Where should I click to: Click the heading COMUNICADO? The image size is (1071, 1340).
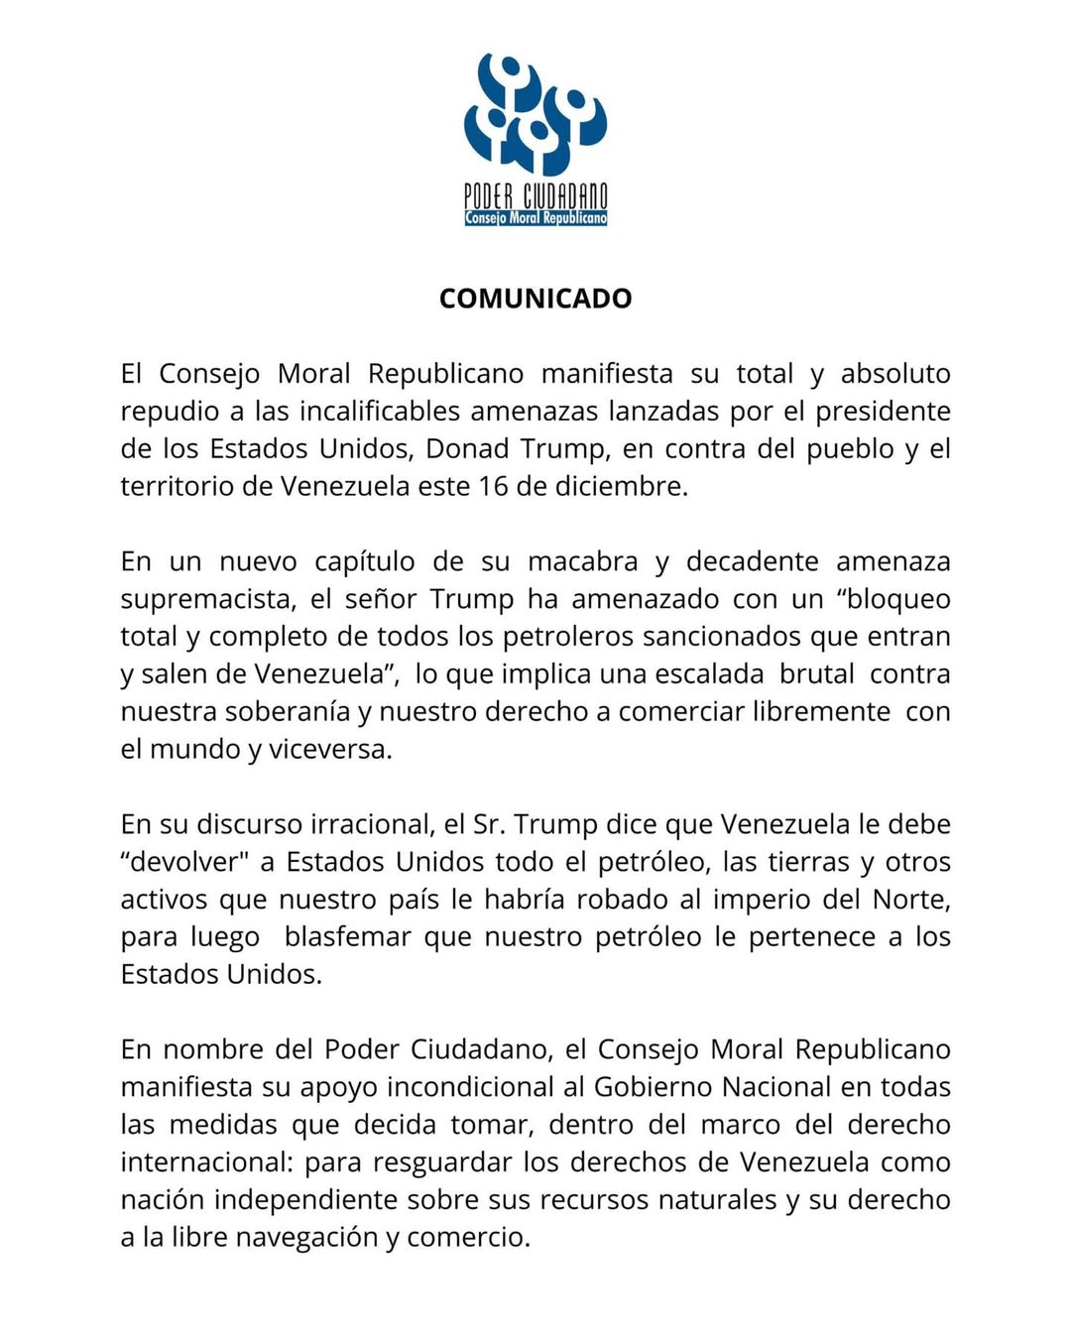(x=535, y=299)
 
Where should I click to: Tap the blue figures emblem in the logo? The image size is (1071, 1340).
(x=535, y=114)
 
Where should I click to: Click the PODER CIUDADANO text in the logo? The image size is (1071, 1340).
(x=535, y=195)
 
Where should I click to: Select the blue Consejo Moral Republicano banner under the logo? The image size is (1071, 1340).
(x=535, y=218)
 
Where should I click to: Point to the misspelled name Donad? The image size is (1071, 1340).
(x=468, y=449)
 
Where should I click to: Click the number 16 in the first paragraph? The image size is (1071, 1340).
(x=493, y=487)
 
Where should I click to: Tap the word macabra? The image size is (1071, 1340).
(x=582, y=561)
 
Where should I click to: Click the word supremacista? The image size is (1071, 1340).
(x=208, y=599)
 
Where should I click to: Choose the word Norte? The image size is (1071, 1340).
(x=909, y=900)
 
